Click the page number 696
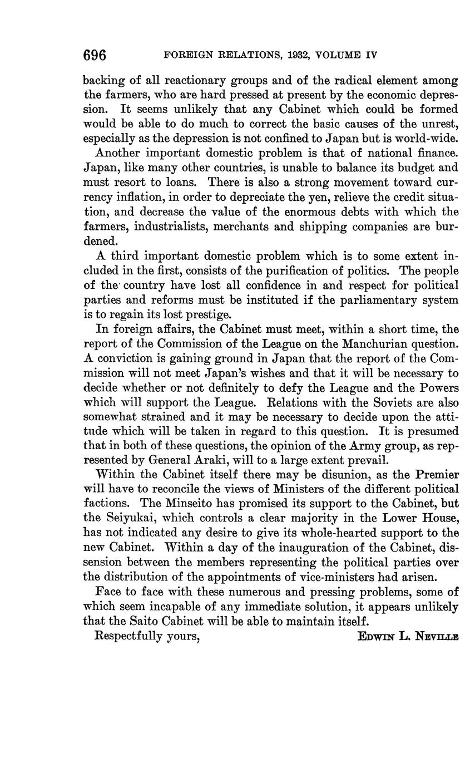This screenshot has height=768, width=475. click(x=95, y=55)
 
